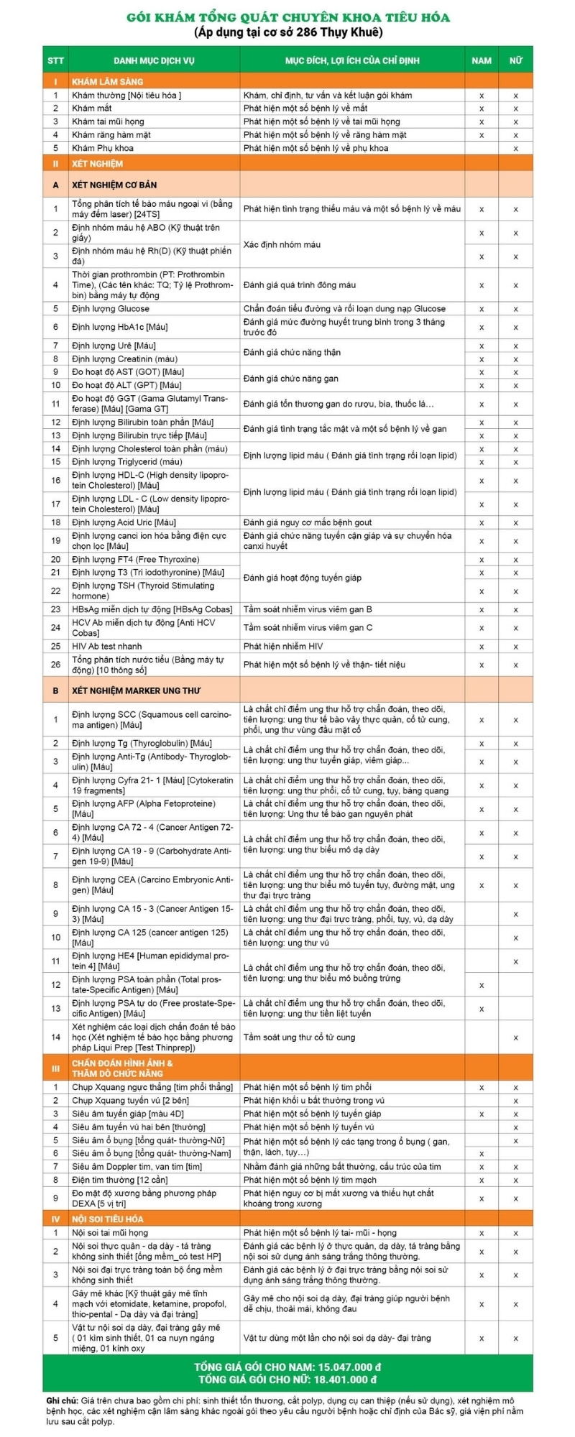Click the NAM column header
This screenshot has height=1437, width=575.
tap(482, 60)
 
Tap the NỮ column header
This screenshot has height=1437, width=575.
tap(515, 60)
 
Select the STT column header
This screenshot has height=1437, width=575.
tap(55, 60)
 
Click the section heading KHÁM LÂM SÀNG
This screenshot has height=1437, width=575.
tap(107, 82)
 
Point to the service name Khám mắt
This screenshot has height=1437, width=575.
tap(92, 108)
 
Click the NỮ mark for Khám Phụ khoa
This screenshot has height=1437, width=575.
tap(515, 149)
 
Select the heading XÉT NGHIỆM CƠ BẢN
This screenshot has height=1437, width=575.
tap(114, 185)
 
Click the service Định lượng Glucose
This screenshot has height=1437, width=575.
tap(111, 309)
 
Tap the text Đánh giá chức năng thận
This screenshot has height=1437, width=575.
tap(292, 353)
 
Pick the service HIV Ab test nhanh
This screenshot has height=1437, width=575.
tap(107, 647)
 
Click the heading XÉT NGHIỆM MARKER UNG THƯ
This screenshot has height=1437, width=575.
tap(136, 690)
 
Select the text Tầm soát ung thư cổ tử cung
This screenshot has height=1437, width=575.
tap(299, 1038)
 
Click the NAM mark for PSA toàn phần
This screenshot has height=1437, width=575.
tap(482, 985)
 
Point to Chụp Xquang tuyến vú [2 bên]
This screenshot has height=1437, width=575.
tap(130, 1101)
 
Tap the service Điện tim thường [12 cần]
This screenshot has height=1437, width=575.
tap(119, 1180)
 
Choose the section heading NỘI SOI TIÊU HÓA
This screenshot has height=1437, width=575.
tap(107, 1219)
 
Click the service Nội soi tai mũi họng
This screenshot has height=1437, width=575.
tap(110, 1233)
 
